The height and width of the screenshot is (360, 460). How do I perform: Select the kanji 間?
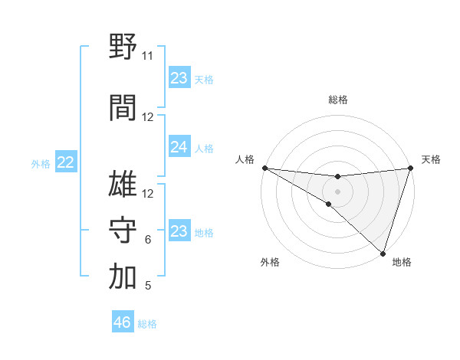point(123,108)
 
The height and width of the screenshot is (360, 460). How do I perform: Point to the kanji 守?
point(123,231)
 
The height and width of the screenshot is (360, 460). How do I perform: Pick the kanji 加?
point(123,277)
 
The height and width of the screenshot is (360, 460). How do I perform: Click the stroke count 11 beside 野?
point(147,56)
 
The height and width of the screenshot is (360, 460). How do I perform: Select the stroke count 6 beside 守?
point(147,240)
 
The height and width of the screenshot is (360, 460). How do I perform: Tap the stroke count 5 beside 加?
point(147,286)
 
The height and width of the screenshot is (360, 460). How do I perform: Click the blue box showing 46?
point(123,322)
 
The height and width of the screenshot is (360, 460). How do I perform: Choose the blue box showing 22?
point(65,162)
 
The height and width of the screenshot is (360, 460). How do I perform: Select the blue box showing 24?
point(179,146)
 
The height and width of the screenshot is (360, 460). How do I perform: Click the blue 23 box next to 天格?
point(179,78)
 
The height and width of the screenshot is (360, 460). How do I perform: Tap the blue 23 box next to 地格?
point(179,231)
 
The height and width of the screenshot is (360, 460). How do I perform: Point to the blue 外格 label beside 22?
point(41,163)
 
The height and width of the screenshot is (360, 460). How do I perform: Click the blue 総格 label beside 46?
point(147,324)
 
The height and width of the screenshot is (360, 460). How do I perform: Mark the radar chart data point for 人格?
point(264,168)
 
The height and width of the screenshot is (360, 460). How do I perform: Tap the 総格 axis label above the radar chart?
point(337,100)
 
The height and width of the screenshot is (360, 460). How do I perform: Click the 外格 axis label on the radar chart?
point(270,262)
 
